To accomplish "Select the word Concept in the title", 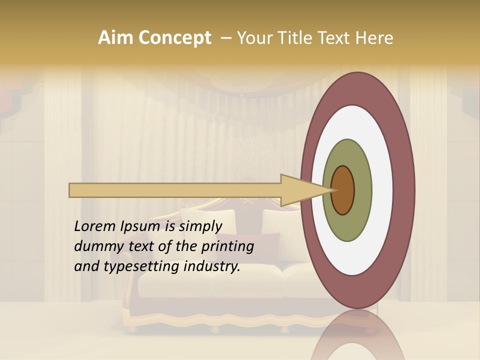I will pos(174,38).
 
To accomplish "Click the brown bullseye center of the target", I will pos(342,190).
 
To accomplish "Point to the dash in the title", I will pos(225,38).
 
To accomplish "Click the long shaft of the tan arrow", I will pos(175,190).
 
